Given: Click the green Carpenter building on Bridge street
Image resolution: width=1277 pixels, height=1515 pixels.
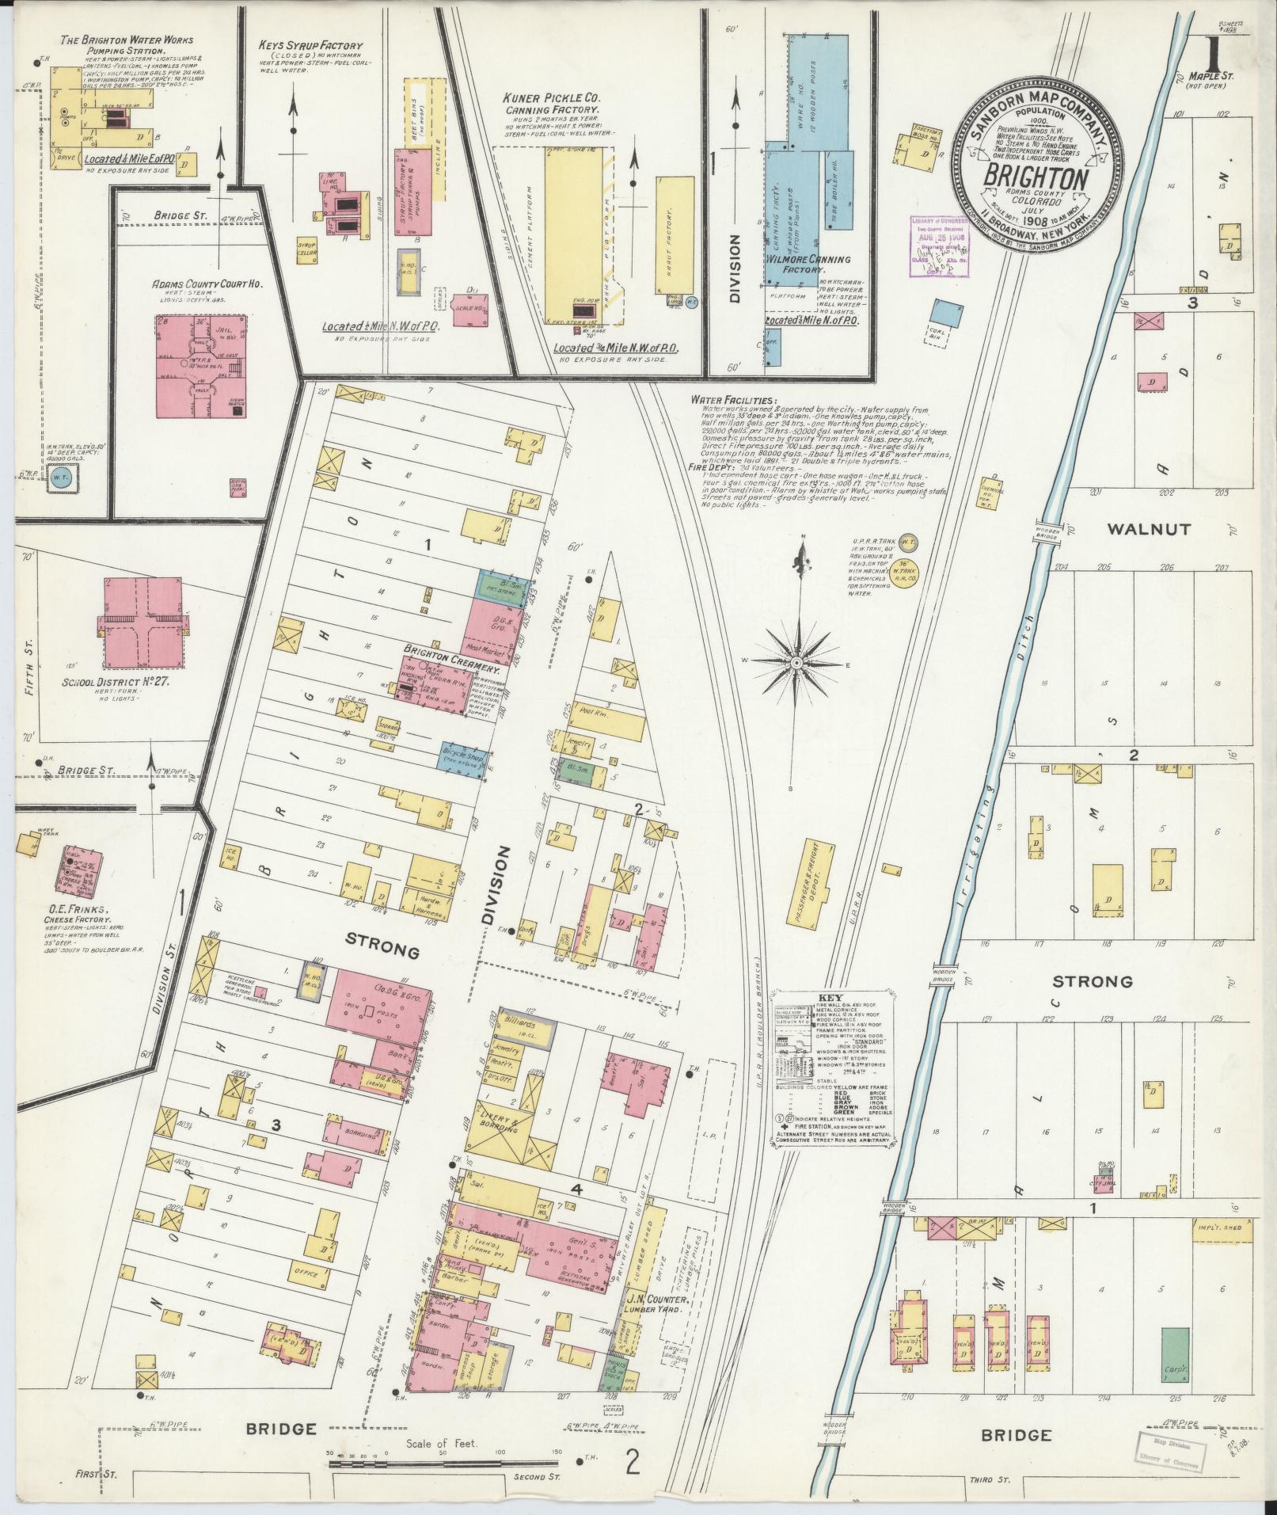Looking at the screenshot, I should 1176,1355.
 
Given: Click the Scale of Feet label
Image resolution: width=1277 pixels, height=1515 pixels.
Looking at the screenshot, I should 443,1444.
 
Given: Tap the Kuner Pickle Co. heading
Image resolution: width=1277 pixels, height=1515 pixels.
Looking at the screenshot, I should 552,98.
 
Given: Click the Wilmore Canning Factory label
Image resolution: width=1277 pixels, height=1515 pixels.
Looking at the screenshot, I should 806,264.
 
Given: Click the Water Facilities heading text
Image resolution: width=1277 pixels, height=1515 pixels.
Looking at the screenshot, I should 732,401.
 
